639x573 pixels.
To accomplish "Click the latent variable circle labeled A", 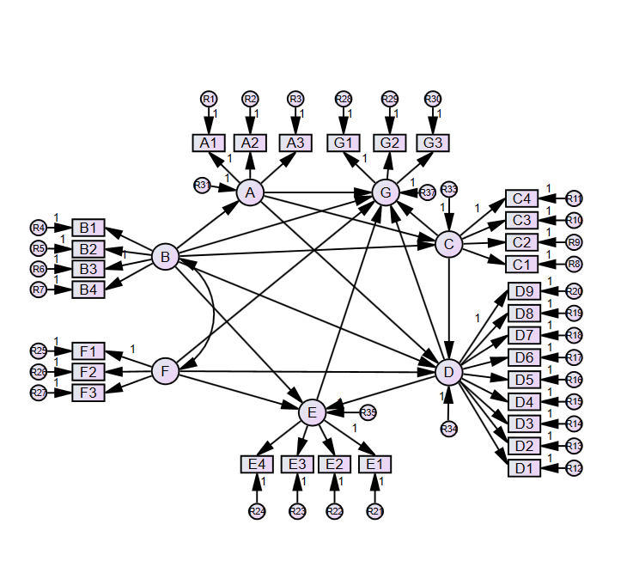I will (x=250, y=193).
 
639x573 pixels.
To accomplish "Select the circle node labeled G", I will (x=386, y=193).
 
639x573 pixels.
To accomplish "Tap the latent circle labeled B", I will (x=165, y=256).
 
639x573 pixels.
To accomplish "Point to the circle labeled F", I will (x=165, y=372).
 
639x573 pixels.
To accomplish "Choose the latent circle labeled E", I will (x=312, y=413).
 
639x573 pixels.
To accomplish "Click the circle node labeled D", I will (x=448, y=372).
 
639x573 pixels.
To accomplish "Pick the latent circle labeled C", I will (x=448, y=245).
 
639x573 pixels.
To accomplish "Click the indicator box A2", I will (x=250, y=143).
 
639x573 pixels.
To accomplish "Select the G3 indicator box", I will (x=434, y=143).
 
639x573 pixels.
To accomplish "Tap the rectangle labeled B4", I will (x=88, y=290).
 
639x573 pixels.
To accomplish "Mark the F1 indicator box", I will (x=88, y=351).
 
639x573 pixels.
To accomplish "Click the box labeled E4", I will (x=257, y=464).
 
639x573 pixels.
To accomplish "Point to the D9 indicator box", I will (x=524, y=291).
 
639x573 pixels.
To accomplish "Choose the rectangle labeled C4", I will (x=521, y=199).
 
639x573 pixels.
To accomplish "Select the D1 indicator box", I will (x=524, y=468).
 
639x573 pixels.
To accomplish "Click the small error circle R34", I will (x=447, y=428).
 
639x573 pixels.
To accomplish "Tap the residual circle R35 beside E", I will (x=368, y=413).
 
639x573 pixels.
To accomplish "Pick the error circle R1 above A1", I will (x=209, y=100).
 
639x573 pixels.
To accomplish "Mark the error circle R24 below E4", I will (x=257, y=511).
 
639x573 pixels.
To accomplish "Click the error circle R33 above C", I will (x=448, y=189).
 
